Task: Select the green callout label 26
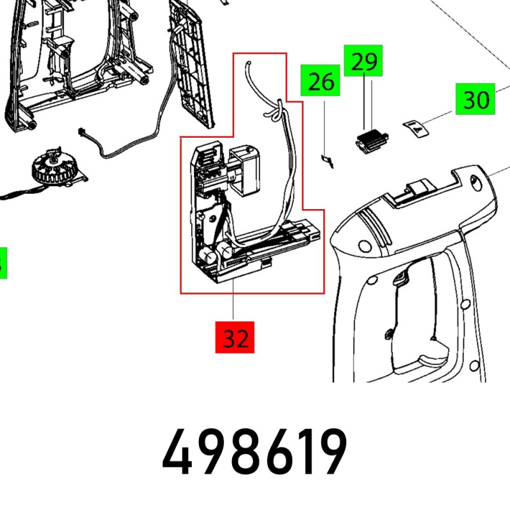pos(321,82)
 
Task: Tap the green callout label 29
pos(363,61)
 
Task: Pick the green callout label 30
pos(475,100)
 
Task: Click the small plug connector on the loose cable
pos(82,132)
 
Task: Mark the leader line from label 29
pos(364,102)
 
